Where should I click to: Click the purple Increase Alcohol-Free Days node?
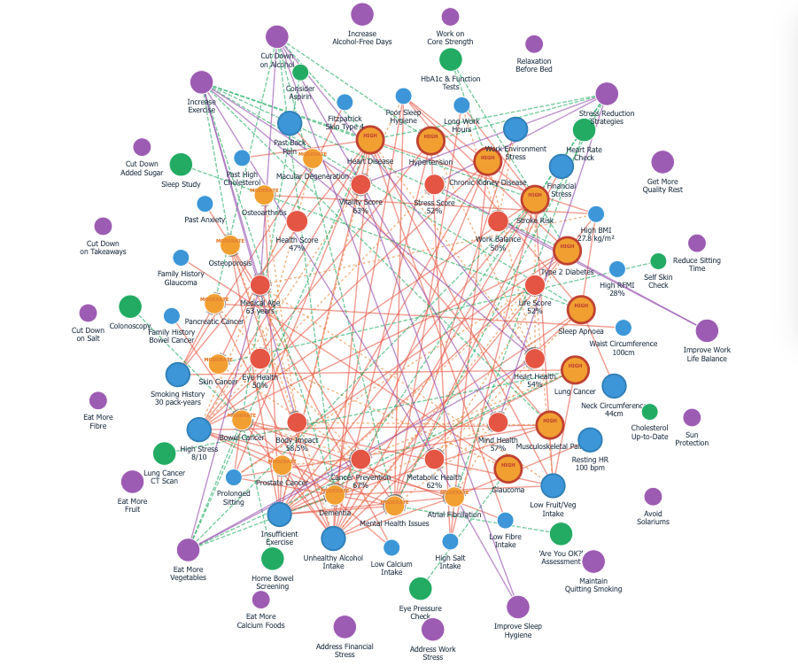point(362,14)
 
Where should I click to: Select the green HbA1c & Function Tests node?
point(451,59)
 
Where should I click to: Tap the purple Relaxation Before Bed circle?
point(534,44)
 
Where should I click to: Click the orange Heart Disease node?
point(370,140)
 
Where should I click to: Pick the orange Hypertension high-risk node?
point(430,140)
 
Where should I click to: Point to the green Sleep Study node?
point(181,165)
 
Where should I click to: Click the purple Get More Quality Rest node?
point(662,162)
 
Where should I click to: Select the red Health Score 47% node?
point(297,221)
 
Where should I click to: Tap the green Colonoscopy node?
point(130,306)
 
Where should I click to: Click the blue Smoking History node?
point(178,375)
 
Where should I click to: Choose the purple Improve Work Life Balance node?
point(707,331)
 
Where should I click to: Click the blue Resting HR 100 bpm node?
point(590,439)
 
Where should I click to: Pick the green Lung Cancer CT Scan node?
point(165,453)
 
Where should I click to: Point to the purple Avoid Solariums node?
point(653,497)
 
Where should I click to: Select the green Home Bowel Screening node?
point(273,559)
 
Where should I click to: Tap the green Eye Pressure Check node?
point(421,588)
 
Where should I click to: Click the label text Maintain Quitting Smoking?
point(593,585)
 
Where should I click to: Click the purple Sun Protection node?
point(692,417)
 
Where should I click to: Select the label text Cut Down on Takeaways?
point(103,247)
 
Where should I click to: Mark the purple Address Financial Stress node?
point(345,627)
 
